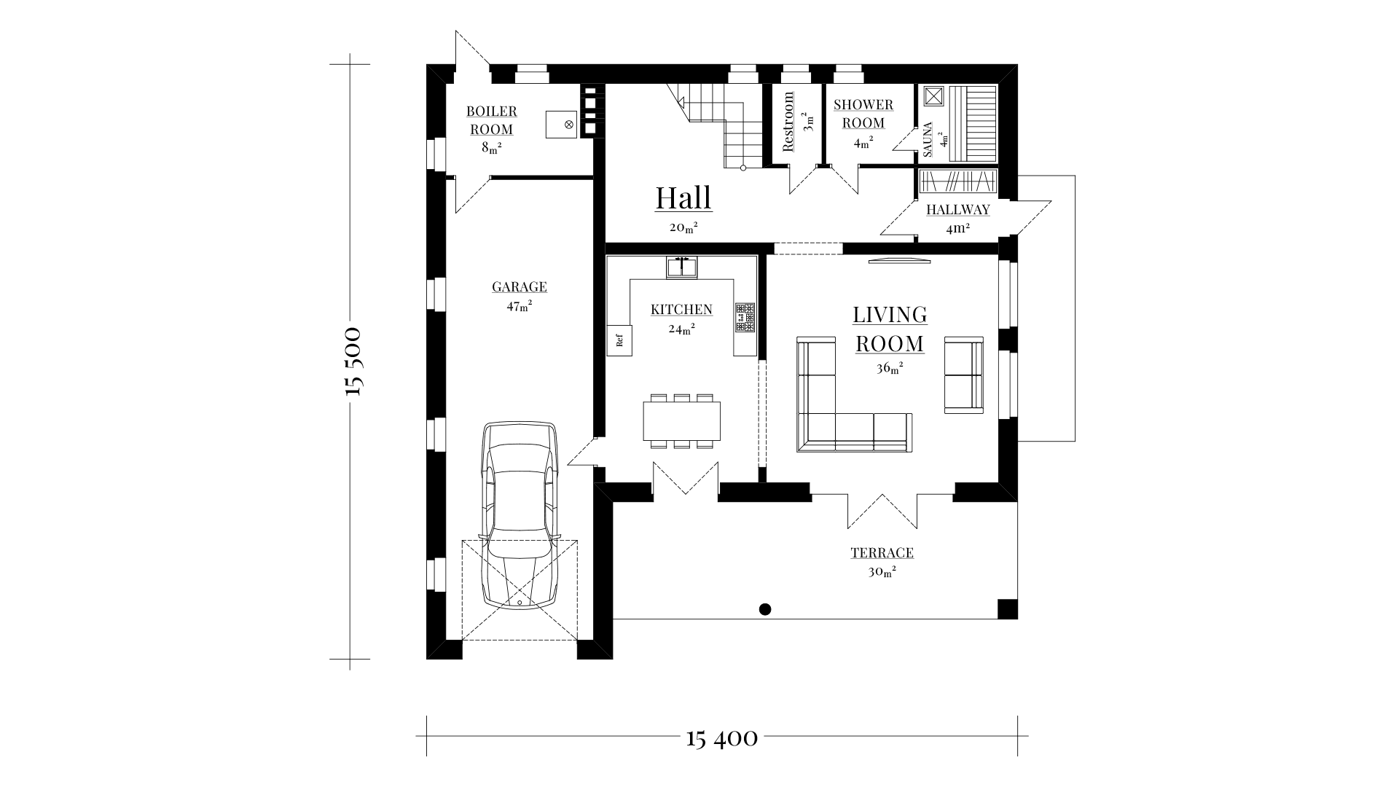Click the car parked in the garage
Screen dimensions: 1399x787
point(519,515)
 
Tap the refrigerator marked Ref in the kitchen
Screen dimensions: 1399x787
point(619,340)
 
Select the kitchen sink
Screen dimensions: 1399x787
point(682,267)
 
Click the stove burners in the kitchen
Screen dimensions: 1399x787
point(745,318)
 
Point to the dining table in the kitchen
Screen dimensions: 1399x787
point(682,420)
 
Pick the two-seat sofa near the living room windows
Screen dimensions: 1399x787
point(964,375)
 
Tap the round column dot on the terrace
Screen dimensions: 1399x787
point(765,609)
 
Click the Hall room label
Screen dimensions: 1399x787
point(683,197)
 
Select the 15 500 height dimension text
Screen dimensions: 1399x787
point(353,361)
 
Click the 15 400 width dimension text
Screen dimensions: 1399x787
point(722,739)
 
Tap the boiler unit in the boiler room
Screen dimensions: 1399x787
point(562,125)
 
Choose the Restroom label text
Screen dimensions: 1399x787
point(788,122)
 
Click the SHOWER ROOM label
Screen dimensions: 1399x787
point(863,114)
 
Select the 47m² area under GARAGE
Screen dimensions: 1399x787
point(519,306)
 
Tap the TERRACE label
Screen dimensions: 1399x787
point(882,553)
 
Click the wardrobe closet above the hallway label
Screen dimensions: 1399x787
point(957,180)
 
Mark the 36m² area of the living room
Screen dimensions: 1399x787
point(890,368)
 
